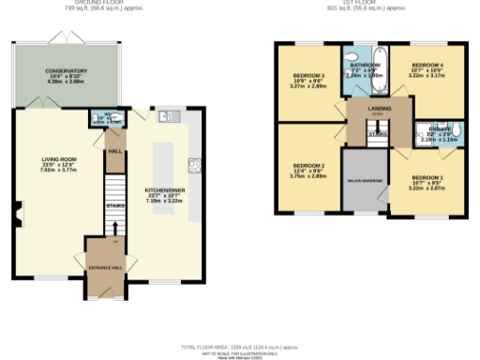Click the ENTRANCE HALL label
(x=104, y=264)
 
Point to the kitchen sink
(x=167, y=117)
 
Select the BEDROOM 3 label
(x=308, y=75)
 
